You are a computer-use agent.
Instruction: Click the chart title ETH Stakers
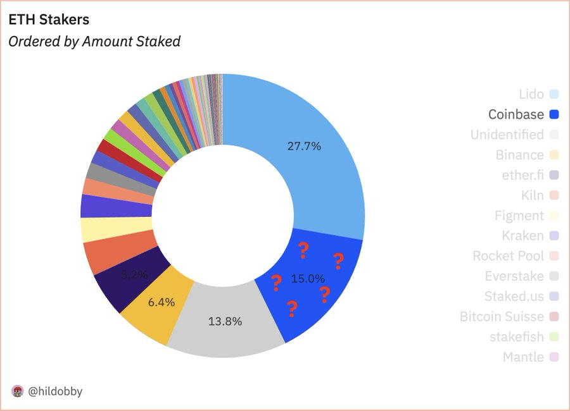click(48, 20)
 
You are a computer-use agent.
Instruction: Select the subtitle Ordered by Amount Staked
click(94, 42)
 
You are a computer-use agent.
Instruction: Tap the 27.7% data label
click(304, 147)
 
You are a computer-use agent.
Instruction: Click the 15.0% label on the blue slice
click(308, 278)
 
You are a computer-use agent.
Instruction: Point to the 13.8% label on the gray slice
click(225, 321)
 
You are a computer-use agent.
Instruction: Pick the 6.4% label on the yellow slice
click(161, 302)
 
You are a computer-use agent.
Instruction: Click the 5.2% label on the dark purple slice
click(134, 274)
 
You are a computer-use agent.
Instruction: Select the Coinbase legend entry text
click(516, 114)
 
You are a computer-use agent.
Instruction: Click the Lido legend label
click(531, 94)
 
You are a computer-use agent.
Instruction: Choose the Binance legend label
click(519, 155)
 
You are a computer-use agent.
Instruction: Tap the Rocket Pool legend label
click(508, 256)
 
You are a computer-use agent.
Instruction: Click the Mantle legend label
click(523, 357)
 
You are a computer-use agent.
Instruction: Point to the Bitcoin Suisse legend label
click(502, 317)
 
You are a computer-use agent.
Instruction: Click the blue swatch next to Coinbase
click(554, 114)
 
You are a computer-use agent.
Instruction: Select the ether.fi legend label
click(522, 175)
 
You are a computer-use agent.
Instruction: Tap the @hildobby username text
click(55, 391)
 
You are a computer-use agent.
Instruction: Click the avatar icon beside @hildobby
click(18, 391)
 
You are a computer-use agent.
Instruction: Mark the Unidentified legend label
click(507, 135)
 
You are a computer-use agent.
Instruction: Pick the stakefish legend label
click(516, 337)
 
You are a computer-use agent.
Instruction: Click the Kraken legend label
click(523, 236)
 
